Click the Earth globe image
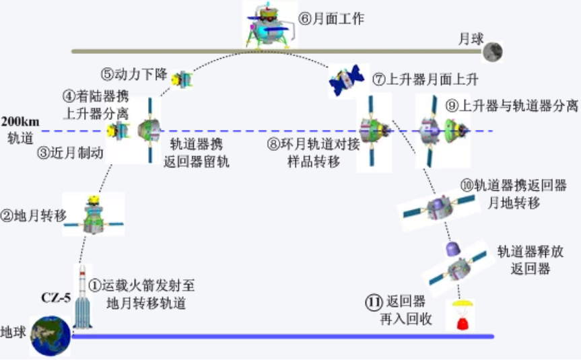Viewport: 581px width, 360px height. [x=50, y=336]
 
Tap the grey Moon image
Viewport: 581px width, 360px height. [x=492, y=52]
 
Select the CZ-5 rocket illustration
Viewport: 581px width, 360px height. [x=83, y=297]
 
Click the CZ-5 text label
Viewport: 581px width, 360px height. [x=56, y=297]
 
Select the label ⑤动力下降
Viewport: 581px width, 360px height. [x=134, y=74]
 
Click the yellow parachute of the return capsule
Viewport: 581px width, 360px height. [x=463, y=305]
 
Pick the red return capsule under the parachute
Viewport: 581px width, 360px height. [x=463, y=323]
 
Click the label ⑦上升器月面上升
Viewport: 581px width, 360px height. [x=425, y=79]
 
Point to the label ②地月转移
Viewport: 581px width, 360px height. [x=34, y=215]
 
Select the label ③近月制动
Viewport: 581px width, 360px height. [x=70, y=153]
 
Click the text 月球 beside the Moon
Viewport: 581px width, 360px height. [x=471, y=39]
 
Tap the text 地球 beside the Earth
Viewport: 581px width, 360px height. [x=13, y=332]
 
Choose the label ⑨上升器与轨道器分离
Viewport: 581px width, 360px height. [x=512, y=106]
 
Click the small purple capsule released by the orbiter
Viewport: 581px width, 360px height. [x=453, y=249]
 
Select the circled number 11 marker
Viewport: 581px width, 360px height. [x=374, y=302]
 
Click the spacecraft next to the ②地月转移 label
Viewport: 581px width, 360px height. [x=94, y=216]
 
